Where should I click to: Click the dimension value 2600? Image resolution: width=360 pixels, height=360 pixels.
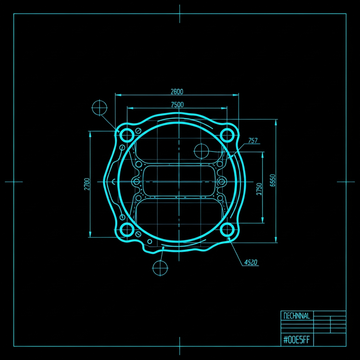click(177, 92)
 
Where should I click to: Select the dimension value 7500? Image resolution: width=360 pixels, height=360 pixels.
click(178, 105)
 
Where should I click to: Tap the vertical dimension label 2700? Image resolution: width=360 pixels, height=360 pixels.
click(87, 184)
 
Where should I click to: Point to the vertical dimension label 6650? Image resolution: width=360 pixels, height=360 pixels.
click(272, 180)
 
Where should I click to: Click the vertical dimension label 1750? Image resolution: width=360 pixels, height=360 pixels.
click(259, 189)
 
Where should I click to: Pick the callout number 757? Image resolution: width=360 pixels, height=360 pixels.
click(253, 140)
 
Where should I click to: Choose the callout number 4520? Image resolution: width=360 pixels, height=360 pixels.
click(251, 262)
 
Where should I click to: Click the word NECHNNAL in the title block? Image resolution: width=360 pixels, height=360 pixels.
click(297, 316)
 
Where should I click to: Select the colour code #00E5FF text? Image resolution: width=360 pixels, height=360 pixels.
click(297, 340)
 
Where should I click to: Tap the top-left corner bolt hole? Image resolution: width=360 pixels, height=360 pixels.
click(127, 135)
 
